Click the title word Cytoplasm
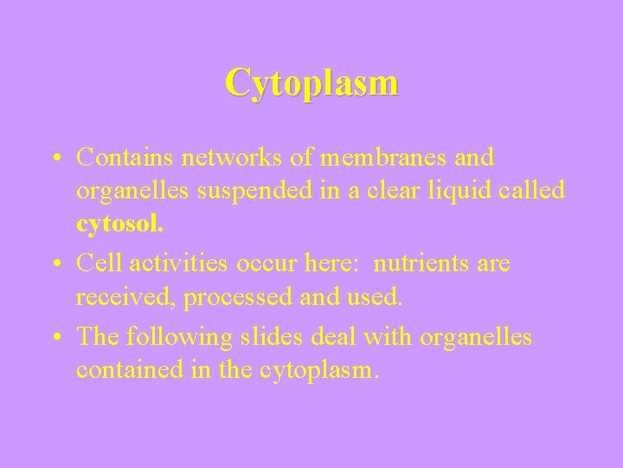[x=311, y=83]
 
